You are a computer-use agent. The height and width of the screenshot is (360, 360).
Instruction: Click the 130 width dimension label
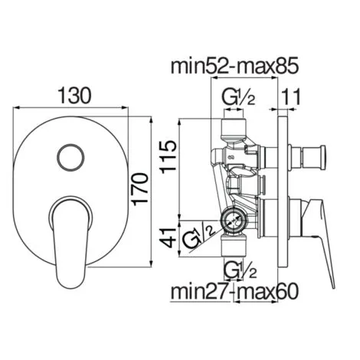coord(74,96)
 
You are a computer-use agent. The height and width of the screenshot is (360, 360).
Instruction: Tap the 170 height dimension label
coord(140,189)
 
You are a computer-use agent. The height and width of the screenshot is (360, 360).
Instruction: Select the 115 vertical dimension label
coord(169,157)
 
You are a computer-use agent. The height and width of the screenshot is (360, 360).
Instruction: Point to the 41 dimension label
coord(169,238)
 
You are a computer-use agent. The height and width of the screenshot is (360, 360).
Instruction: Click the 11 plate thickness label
coord(290,97)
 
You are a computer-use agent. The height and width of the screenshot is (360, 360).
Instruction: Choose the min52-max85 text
coord(234,66)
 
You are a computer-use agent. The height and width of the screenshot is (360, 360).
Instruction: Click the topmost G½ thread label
coord(238,97)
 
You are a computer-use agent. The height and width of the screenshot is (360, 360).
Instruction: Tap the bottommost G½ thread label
coord(240,270)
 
